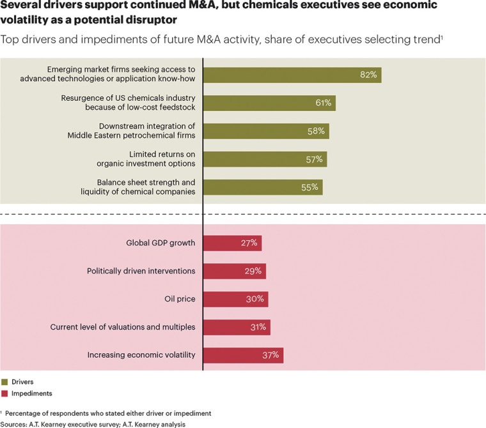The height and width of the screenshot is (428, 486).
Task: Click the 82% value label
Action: pos(368,75)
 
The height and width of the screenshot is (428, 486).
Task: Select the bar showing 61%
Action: pos(269,103)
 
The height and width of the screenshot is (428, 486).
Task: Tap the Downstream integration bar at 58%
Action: pos(265,131)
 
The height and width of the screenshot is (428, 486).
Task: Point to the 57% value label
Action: pos(314,159)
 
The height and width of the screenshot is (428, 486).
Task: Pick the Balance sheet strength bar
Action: pos(262,187)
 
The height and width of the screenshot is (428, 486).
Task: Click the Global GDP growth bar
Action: pos(232,243)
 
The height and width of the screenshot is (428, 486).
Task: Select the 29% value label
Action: pos(253,271)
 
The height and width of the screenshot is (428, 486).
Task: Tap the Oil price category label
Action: pos(180,299)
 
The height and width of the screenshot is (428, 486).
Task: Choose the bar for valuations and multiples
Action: pos(236,327)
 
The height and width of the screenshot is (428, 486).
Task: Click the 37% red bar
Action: pos(242,355)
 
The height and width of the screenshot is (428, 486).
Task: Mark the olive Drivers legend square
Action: pos(5,382)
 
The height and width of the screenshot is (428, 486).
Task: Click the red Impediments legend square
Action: pos(5,394)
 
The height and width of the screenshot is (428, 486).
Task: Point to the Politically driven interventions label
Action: pos(141,271)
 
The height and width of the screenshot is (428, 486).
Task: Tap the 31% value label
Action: pos(258,327)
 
